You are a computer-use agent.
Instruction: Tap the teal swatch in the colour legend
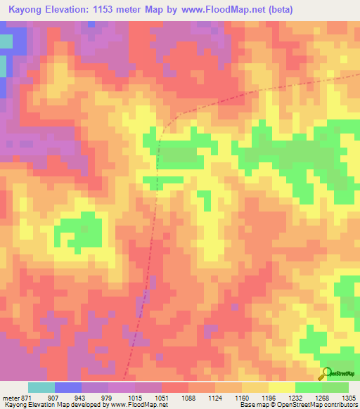coord(41,387)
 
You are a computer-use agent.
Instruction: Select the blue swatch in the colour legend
coord(68,387)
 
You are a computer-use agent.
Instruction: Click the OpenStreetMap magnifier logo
coord(327,373)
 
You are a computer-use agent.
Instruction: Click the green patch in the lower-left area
coord(79,232)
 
